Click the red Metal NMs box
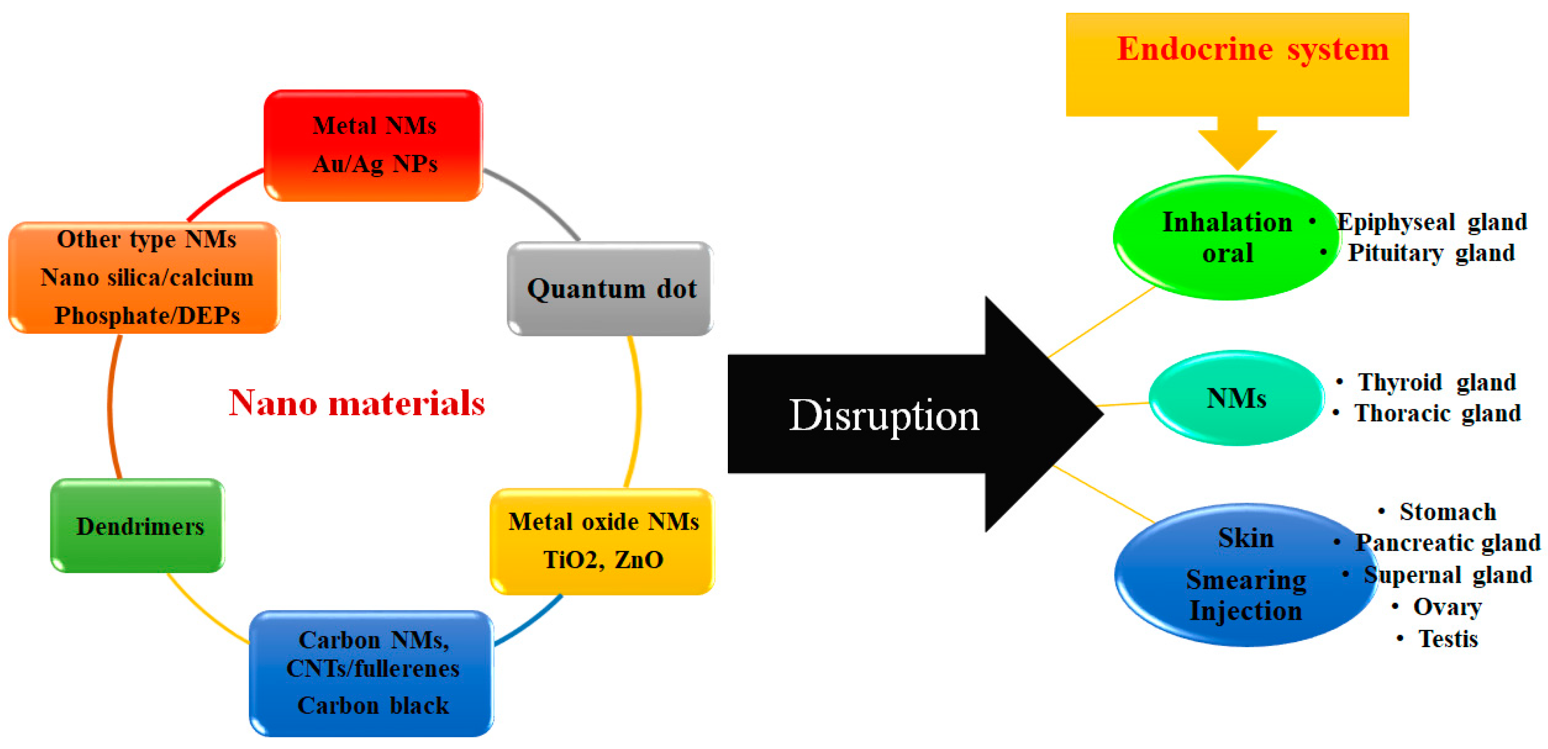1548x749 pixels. tap(373, 145)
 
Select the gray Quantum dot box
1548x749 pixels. tap(610, 289)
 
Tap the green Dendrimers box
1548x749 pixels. tap(138, 526)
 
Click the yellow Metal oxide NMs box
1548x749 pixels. tap(603, 541)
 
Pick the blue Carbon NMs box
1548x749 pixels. tap(372, 673)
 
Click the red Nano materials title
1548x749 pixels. tap(357, 402)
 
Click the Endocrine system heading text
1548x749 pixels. tap(1252, 49)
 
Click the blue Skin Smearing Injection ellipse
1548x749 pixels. tap(1245, 575)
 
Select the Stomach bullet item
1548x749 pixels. tap(1447, 512)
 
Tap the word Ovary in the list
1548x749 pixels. tap(1447, 607)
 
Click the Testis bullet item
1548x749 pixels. tap(1447, 638)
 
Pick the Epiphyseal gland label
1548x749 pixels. tap(1431, 222)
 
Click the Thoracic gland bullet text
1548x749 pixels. tap(1437, 413)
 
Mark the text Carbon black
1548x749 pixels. tap(372, 705)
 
